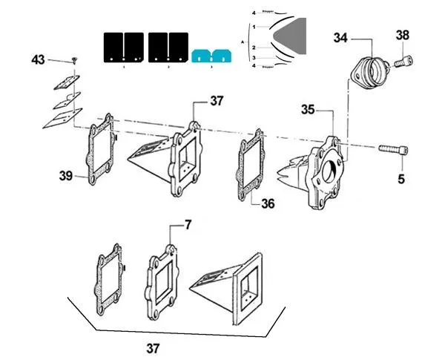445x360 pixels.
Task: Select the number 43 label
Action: [39, 59]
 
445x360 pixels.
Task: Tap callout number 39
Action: [67, 176]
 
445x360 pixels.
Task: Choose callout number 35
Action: [309, 109]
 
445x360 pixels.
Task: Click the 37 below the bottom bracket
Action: [151, 347]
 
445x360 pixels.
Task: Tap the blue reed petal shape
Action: [212, 56]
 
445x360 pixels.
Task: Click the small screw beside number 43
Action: [76, 59]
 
